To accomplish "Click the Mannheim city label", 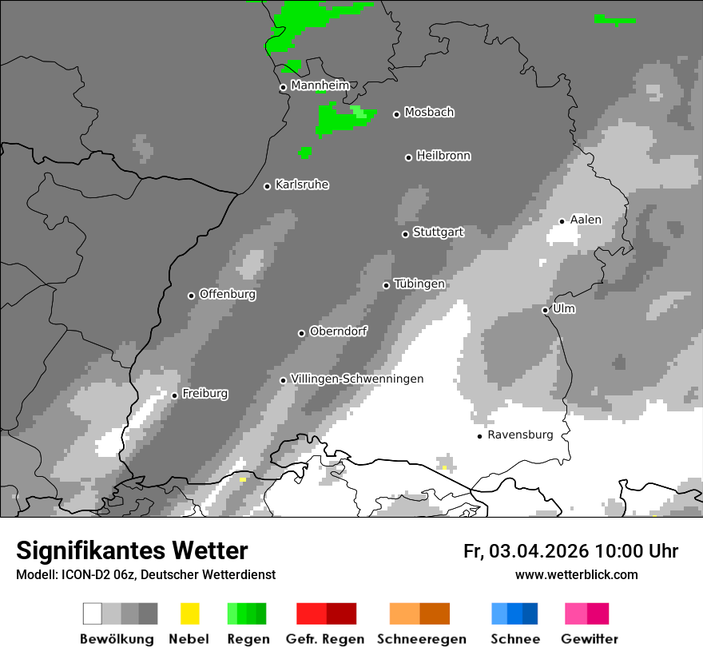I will click(320, 85).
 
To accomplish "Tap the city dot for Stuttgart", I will click(405, 234).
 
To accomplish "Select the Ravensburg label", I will click(520, 435).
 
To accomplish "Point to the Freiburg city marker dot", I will click(174, 395).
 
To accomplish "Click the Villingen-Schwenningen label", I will click(357, 379).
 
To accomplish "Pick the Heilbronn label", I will click(443, 156).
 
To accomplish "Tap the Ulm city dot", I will click(545, 310).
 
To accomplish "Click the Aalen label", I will click(586, 220).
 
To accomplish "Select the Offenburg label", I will click(227, 294).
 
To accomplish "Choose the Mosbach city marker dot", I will click(396, 114).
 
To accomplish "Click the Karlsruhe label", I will click(301, 185).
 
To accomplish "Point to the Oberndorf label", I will click(338, 331).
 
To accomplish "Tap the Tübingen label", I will click(419, 284).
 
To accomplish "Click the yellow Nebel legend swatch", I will click(189, 613).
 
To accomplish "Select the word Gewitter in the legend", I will click(589, 639).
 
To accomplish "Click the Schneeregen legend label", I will click(421, 639).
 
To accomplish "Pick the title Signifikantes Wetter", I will click(132, 550).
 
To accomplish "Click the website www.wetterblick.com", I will click(576, 574).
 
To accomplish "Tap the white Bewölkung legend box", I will click(93, 613).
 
